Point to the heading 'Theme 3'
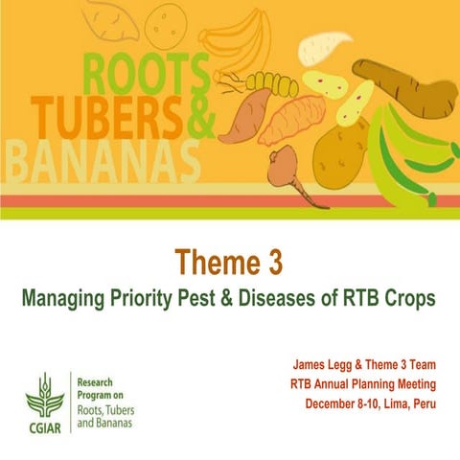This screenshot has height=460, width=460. (230, 262)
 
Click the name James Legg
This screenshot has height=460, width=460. (321, 365)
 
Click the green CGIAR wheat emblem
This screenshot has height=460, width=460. (43, 393)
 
